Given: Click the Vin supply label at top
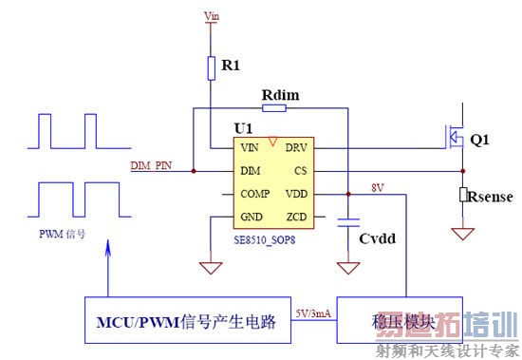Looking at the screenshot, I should (212, 15).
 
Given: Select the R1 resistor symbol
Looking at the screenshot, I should (212, 67).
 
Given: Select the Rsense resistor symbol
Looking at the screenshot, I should (463, 195).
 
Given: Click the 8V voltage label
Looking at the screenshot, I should (378, 187).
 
